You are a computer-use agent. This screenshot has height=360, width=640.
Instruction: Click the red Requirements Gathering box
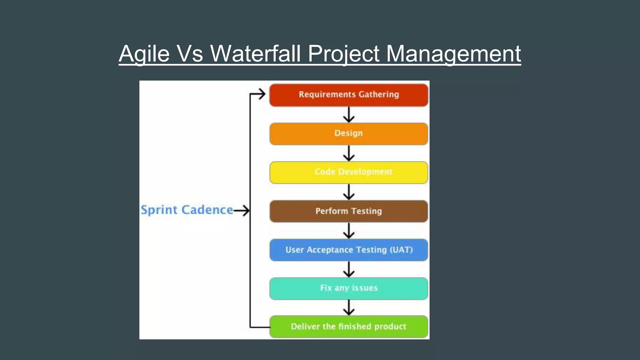[x=348, y=95]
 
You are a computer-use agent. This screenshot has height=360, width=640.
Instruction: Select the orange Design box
[x=348, y=134]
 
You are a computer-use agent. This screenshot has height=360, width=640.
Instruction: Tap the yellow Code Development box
[x=348, y=172]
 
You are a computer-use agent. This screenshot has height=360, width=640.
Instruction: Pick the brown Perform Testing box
[x=348, y=211]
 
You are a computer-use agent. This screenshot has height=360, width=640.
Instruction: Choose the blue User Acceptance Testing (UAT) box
[x=348, y=250]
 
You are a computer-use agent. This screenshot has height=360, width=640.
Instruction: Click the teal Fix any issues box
[x=348, y=288]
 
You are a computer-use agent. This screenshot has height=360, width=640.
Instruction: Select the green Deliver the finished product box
[x=348, y=327]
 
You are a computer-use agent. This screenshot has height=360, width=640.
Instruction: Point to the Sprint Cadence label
[x=187, y=210]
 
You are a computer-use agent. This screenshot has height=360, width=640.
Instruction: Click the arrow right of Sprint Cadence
[x=242, y=211]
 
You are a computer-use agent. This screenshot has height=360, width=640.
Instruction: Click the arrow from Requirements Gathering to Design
[x=349, y=115]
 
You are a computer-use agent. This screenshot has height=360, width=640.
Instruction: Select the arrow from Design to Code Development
[x=349, y=153]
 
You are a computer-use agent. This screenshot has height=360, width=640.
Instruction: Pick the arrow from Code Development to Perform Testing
[x=349, y=192]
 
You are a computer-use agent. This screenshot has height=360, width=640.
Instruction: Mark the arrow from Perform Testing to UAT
[x=349, y=231]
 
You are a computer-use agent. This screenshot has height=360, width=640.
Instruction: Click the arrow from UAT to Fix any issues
[x=349, y=269]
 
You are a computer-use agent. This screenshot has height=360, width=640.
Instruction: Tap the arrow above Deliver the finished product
[x=349, y=308]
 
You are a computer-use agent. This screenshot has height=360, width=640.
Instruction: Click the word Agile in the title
[x=144, y=54]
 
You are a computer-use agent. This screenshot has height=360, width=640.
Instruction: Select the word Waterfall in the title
[x=255, y=54]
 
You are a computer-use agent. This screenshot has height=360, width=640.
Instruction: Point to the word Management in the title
[x=453, y=54]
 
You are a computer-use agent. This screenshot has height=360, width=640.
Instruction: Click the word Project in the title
[x=343, y=54]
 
